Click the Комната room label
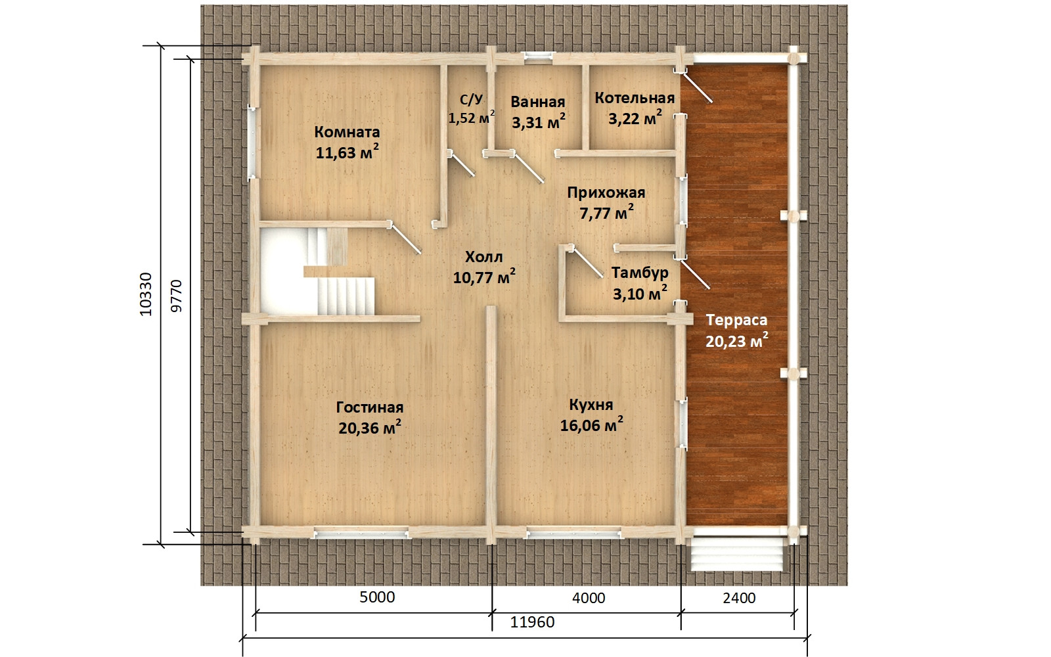tap(347, 132)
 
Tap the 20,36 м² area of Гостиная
tap(370, 428)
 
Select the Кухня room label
tap(591, 405)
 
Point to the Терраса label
tap(736, 320)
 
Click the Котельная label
tap(635, 98)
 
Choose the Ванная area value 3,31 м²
tap(538, 122)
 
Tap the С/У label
tap(471, 99)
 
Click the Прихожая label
tap(606, 193)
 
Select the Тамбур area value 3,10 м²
tap(640, 293)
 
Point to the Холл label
tap(483, 257)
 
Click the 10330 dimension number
tap(146, 294)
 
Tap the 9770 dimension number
tap(176, 296)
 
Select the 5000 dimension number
tap(377, 597)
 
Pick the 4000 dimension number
tap(589, 598)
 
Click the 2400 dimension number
tap(739, 598)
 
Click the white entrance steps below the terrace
tap(736, 555)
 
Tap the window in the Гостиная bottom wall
tap(361, 533)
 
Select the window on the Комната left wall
tap(252, 143)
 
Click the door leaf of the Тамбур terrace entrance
tap(695, 274)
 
